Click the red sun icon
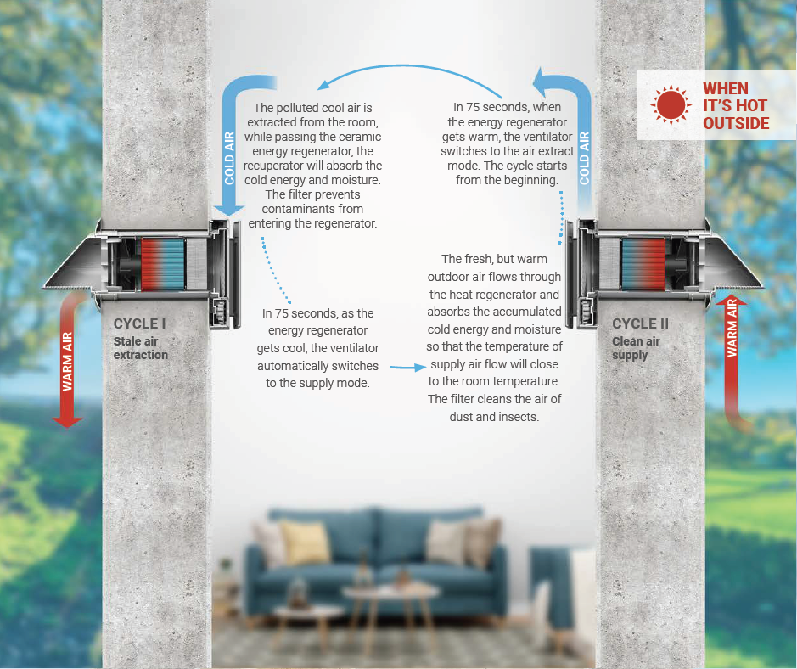670,105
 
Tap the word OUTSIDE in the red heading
736,124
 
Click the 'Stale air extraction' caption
141,348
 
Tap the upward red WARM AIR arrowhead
732,301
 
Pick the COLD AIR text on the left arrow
229,157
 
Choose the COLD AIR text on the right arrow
584,157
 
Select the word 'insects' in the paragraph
517,417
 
